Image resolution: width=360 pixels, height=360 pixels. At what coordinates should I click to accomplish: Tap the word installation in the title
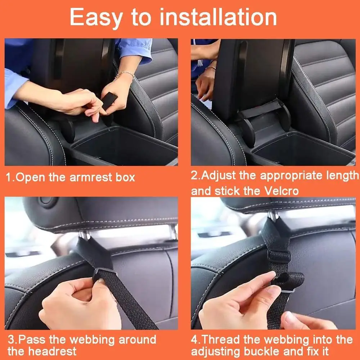coord(218,17)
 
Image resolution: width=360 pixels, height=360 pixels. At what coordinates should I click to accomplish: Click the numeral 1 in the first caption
coord(9,177)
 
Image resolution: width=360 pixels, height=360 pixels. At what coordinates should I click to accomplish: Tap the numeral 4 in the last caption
coord(194,339)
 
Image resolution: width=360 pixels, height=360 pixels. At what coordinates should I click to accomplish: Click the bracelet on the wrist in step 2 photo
coord(211,68)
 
